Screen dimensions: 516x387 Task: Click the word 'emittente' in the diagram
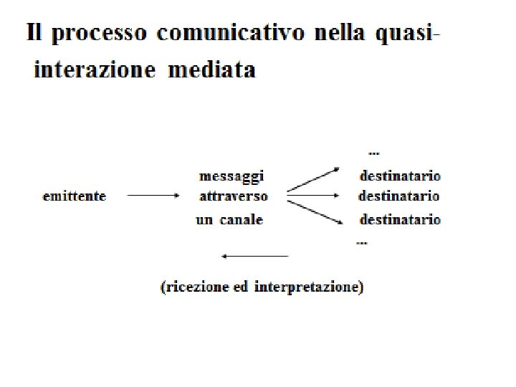tap(75, 196)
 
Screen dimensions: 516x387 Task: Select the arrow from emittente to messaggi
tap(153, 194)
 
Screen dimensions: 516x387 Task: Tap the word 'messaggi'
tap(231, 176)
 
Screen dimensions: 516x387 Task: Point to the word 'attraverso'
tap(234, 196)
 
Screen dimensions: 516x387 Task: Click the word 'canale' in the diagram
tap(242, 220)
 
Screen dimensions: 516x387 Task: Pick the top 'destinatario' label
tap(400, 176)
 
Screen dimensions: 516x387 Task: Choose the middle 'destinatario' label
tap(399, 196)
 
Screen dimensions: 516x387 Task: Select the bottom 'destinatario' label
tap(400, 220)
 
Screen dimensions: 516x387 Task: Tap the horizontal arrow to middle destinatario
tap(313, 194)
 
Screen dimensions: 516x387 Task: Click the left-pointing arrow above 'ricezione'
tap(255, 256)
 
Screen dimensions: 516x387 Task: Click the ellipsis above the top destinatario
tap(373, 153)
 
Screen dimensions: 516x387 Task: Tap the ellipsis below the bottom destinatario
tap(362, 243)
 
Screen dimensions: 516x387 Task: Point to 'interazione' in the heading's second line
tap(95, 70)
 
